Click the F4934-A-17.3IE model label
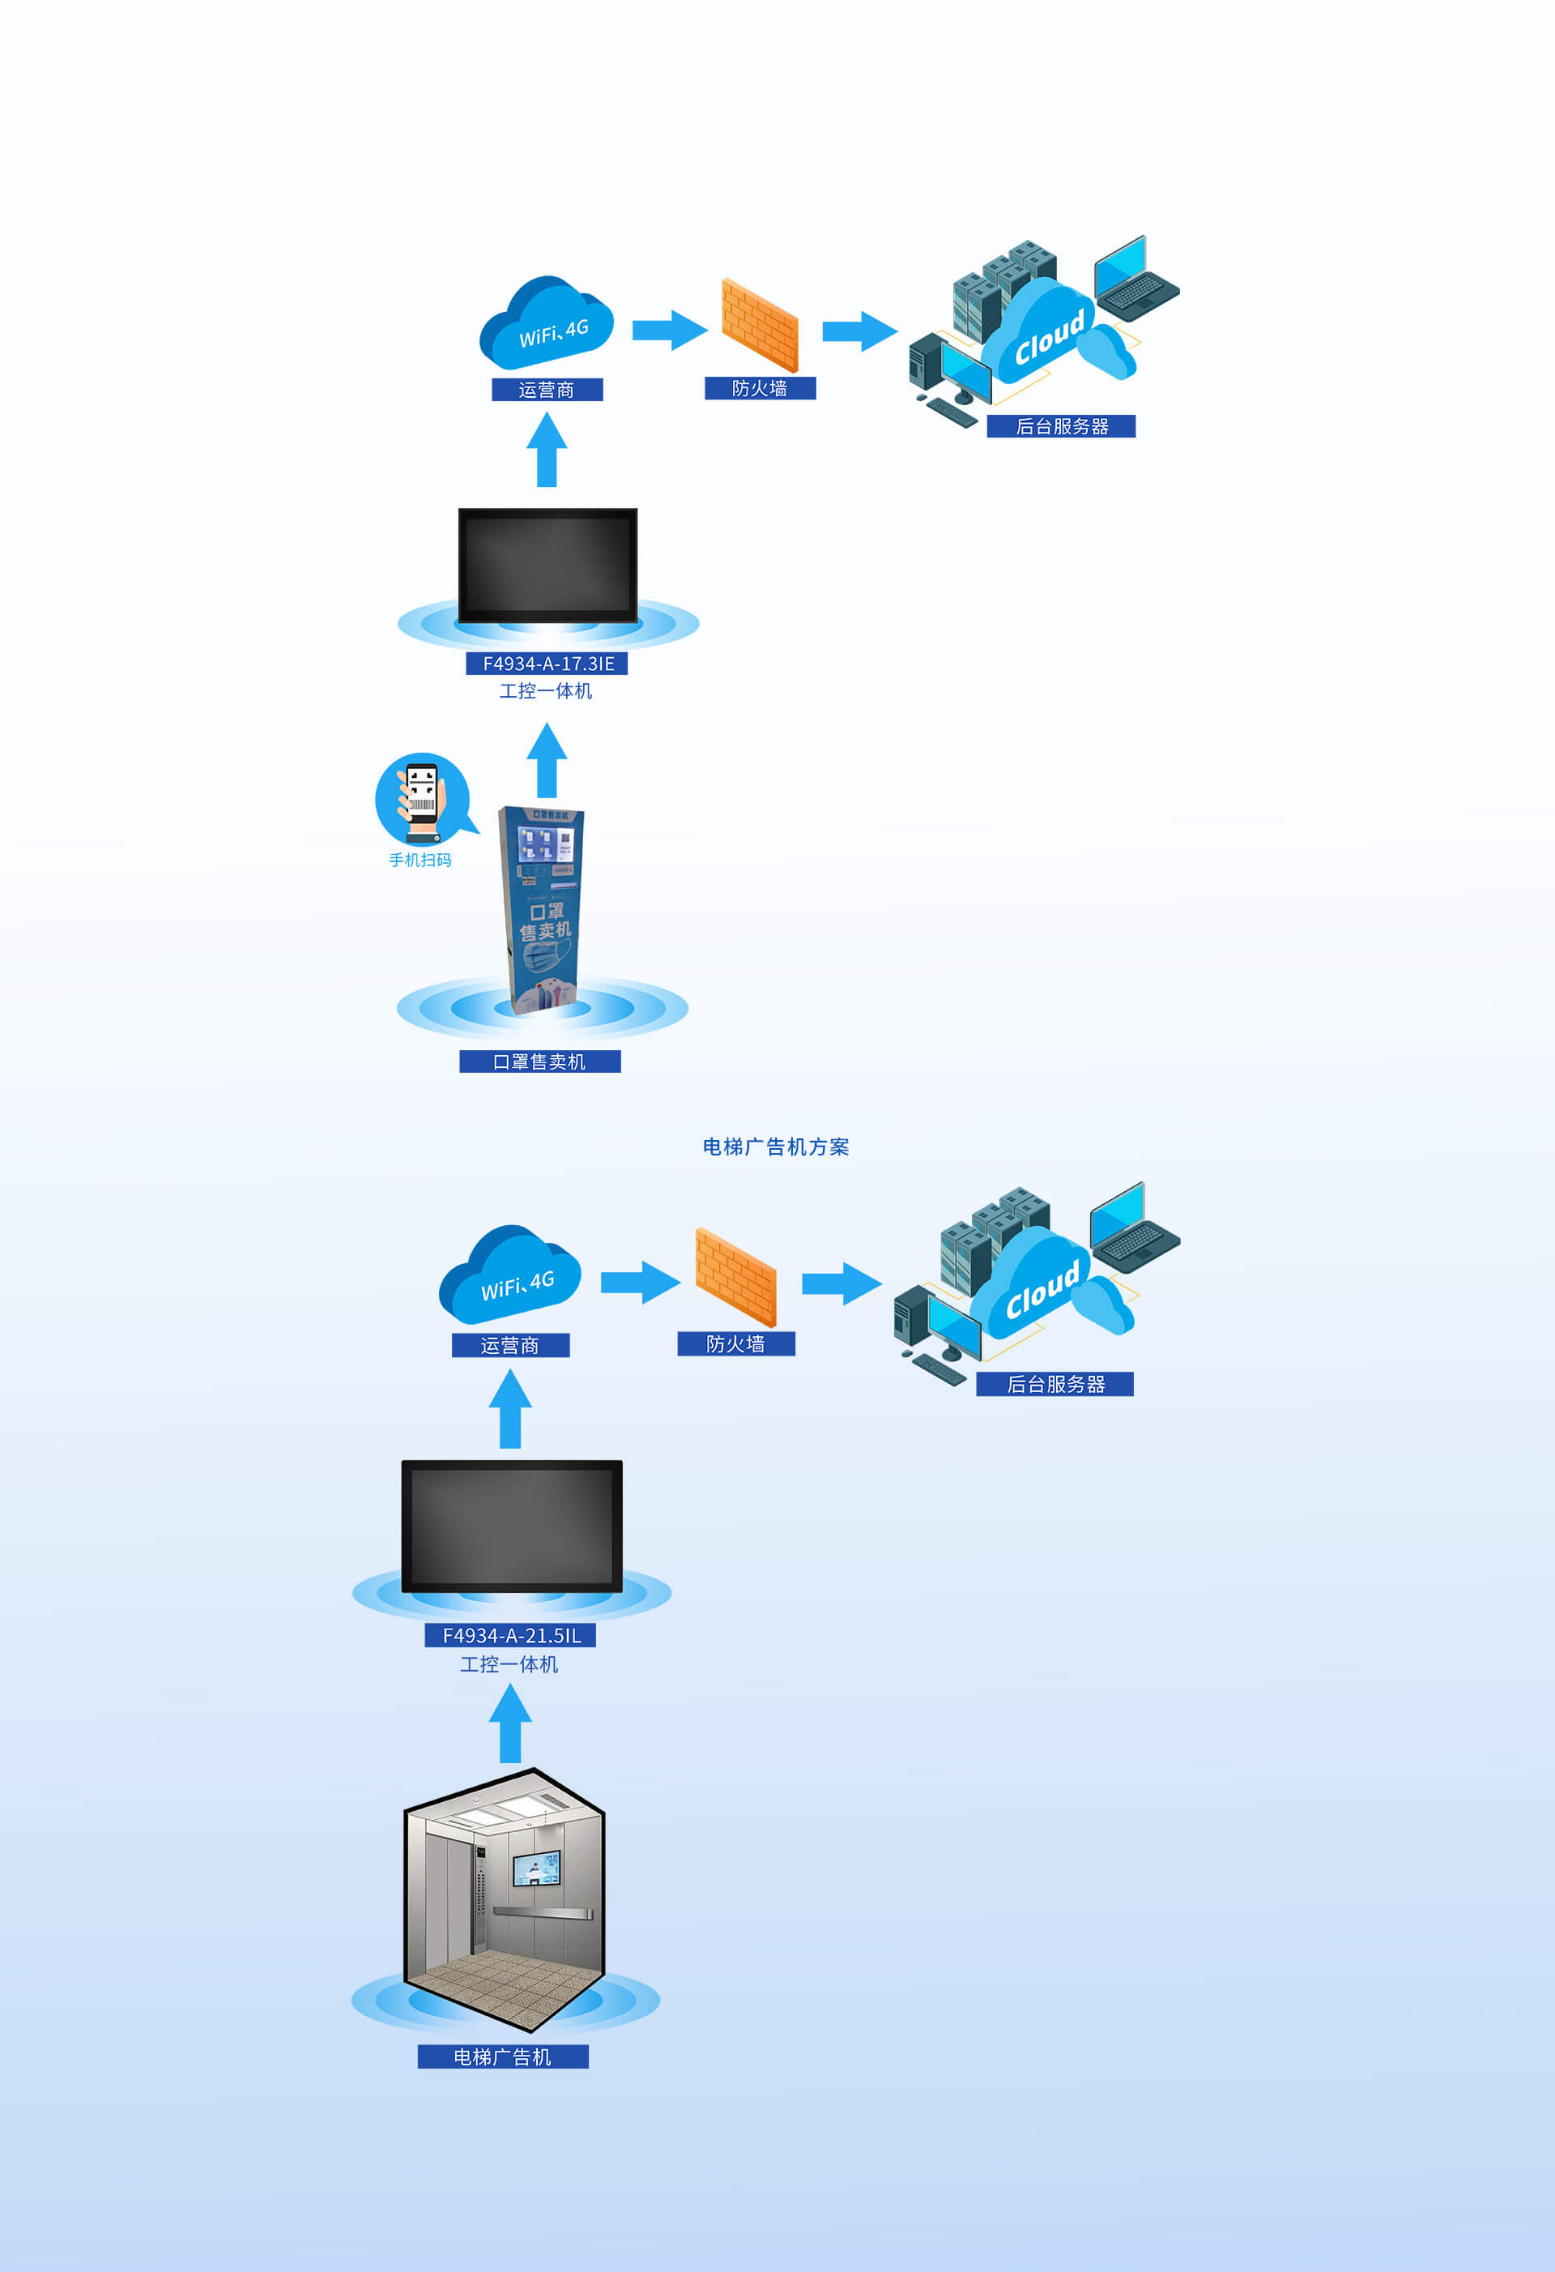(547, 664)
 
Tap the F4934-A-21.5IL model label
(510, 1634)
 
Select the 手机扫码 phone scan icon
(422, 798)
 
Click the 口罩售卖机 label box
(539, 1061)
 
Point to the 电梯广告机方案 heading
(776, 1147)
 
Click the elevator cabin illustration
(505, 1902)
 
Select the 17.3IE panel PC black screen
(547, 565)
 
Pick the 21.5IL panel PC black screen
(511, 1526)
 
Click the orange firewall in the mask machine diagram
(760, 325)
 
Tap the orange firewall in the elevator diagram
(735, 1276)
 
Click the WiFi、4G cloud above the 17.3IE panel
(547, 322)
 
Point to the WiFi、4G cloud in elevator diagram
(510, 1274)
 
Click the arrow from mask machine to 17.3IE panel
(547, 761)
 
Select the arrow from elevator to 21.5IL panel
(510, 1724)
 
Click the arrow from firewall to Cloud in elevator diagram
(841, 1283)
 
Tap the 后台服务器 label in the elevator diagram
(1054, 1384)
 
